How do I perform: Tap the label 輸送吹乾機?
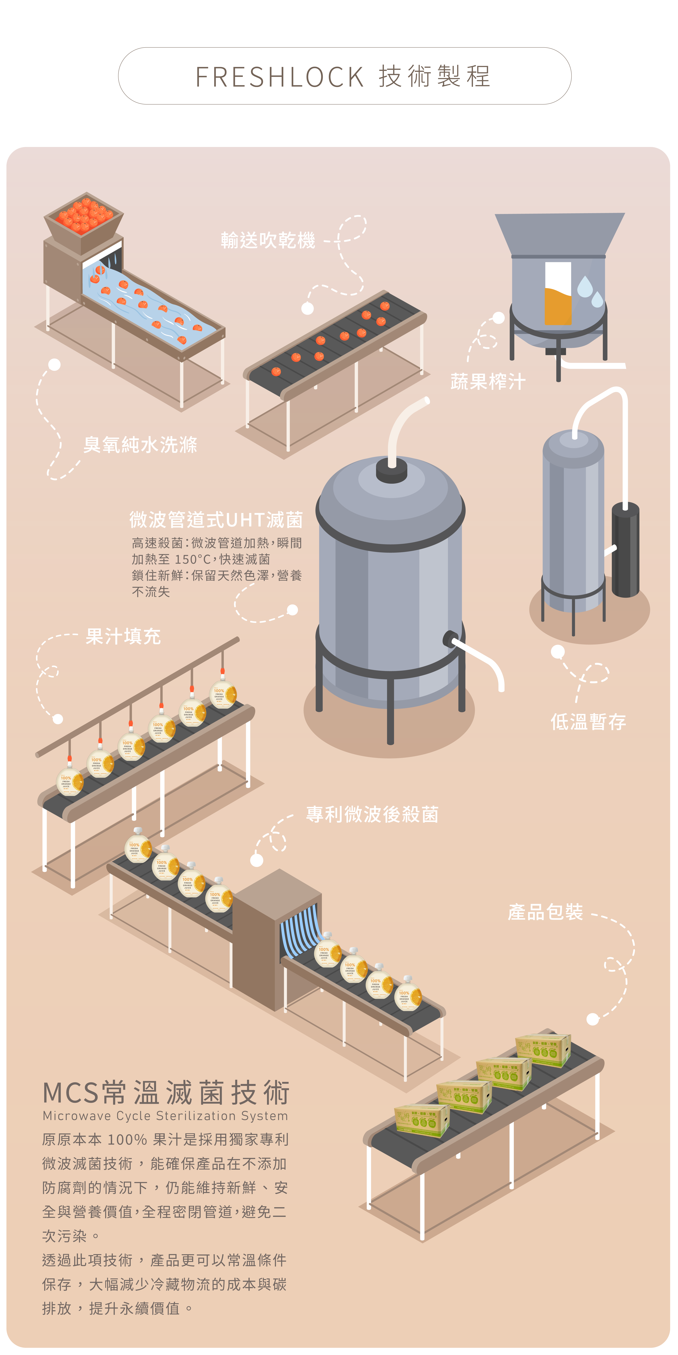(x=268, y=240)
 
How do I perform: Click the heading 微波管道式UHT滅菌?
(x=216, y=520)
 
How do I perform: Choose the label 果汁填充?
(x=123, y=637)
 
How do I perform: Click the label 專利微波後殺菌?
(x=372, y=814)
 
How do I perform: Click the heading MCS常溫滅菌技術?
(x=166, y=1093)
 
